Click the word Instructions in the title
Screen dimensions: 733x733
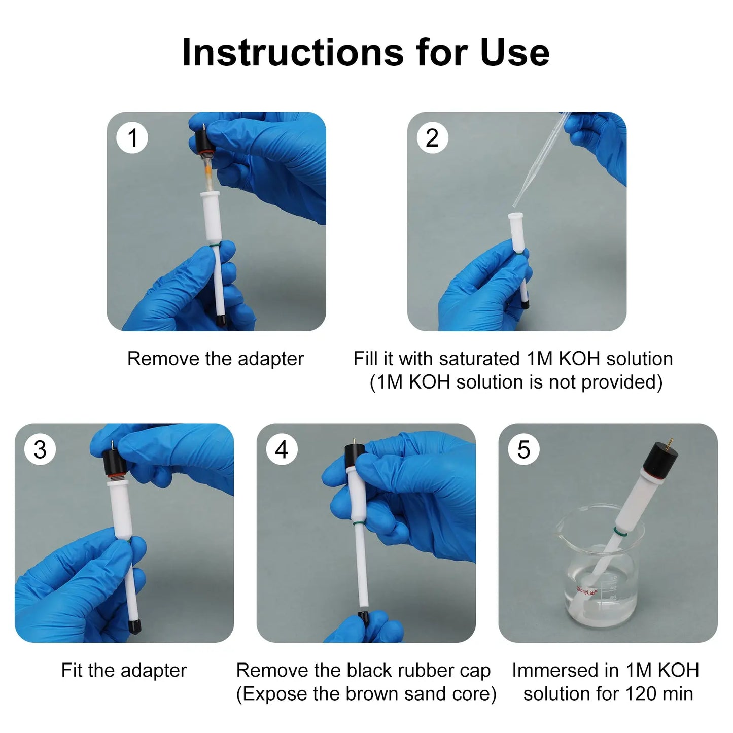point(293,52)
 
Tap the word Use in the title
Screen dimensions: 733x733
point(515,52)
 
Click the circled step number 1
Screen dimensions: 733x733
point(131,137)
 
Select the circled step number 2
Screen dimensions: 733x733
point(432,137)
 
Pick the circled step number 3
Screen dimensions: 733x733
point(40,449)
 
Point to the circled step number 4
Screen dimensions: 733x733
point(282,449)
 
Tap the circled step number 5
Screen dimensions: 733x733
point(523,449)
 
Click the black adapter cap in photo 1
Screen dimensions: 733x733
point(200,142)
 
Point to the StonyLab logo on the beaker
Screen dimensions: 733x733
point(586,591)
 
